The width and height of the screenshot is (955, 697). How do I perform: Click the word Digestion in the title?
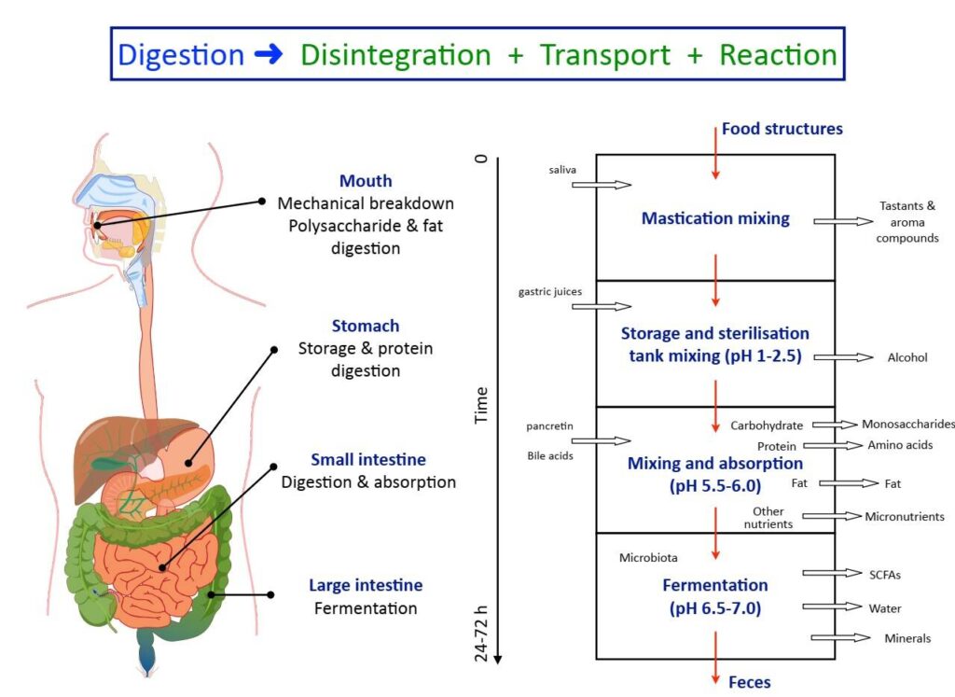point(182,54)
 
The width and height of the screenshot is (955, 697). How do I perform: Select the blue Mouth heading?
point(366,181)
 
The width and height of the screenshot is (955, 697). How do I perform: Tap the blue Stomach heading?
point(366,327)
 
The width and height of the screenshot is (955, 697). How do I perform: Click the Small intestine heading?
point(367,460)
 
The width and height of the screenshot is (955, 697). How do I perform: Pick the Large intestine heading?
point(366,586)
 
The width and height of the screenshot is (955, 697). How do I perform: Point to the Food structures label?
point(782,129)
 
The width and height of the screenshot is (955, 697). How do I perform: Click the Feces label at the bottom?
point(750,682)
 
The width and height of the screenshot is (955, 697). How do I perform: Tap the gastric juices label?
point(550,292)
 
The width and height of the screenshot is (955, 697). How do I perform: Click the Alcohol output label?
point(907,357)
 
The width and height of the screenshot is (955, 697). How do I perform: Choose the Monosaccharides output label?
point(908,424)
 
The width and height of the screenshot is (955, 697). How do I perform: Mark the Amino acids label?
point(899,445)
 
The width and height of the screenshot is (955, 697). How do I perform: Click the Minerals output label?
point(907,638)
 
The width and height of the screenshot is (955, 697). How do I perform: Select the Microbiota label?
point(648,558)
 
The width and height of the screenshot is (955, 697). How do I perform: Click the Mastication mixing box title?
point(715,218)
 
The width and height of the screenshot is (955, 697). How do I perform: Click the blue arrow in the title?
point(269,54)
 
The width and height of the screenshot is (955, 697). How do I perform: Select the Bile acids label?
point(550,456)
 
